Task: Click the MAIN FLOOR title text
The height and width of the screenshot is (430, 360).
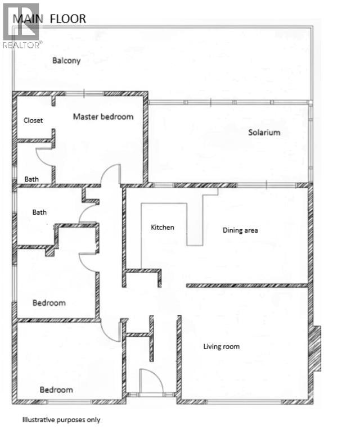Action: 49,19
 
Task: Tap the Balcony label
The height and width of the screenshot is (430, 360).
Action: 66,61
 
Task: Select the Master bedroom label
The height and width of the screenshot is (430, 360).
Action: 103,117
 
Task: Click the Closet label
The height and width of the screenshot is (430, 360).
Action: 33,120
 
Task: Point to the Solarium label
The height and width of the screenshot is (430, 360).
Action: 264,133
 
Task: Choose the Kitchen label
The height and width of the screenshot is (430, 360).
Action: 163,228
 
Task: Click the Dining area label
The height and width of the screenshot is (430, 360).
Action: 240,230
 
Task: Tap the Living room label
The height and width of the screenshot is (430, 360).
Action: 221,346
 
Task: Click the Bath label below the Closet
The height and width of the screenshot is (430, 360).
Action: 31,179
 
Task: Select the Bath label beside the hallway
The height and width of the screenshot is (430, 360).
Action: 39,212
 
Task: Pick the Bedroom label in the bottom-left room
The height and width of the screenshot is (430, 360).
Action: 56,390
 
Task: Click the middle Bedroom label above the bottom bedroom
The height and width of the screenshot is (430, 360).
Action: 49,303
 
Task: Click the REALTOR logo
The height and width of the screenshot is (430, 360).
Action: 21,25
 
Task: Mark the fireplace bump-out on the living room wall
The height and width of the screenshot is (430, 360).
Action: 316,348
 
